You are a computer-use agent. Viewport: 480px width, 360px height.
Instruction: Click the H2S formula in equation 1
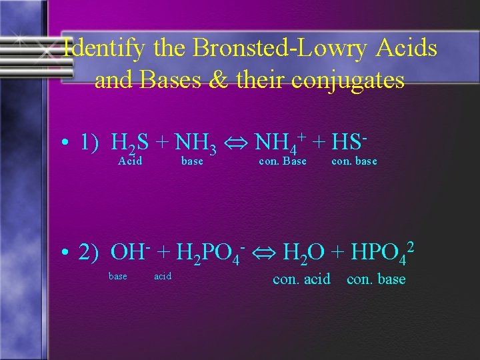click(x=130, y=143)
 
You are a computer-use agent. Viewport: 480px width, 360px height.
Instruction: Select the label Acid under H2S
click(x=130, y=161)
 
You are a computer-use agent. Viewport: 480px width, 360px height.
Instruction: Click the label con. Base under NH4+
click(x=283, y=161)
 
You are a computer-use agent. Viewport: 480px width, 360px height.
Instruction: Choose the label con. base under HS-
click(x=354, y=161)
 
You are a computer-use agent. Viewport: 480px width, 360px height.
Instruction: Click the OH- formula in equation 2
click(x=129, y=253)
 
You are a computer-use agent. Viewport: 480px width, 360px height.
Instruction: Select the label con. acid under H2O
click(x=301, y=279)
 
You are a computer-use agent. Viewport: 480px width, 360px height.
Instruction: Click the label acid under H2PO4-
click(x=163, y=276)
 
